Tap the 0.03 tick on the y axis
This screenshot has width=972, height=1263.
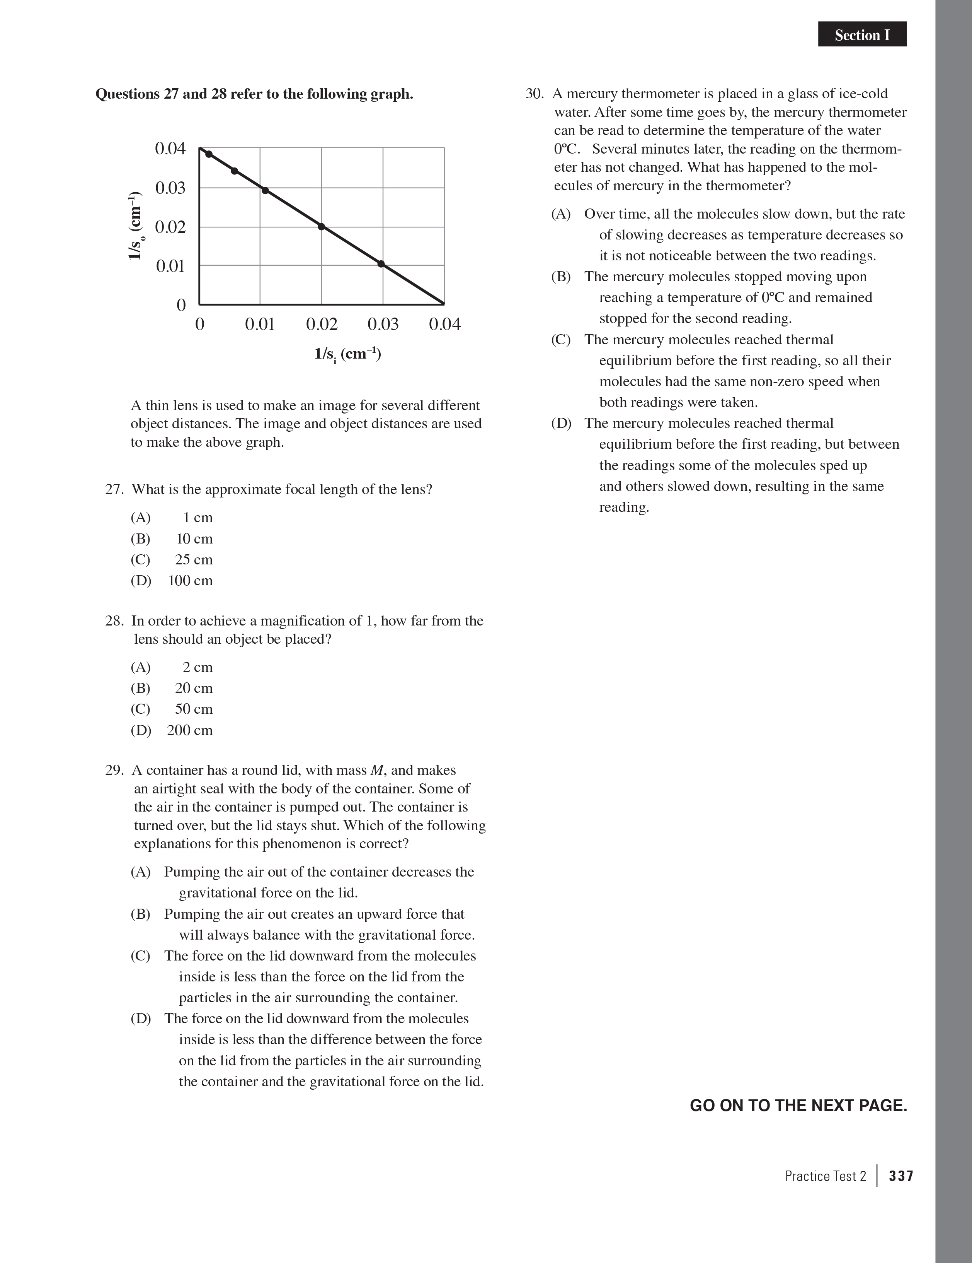point(170,188)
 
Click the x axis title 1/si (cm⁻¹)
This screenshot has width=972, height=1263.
point(347,353)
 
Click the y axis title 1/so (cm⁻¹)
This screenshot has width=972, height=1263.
point(135,225)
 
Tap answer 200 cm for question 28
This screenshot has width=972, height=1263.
point(189,730)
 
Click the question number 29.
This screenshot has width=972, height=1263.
point(114,770)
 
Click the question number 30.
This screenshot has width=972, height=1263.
point(534,94)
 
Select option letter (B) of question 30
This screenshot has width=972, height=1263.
point(560,277)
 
